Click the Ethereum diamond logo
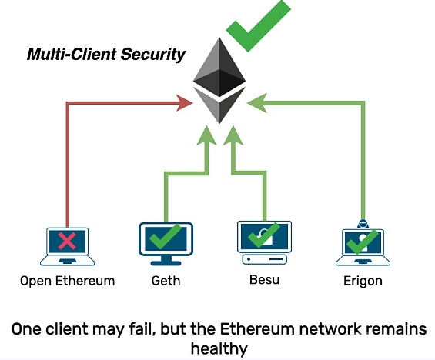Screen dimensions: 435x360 (x=219, y=80)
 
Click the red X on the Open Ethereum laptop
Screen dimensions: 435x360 (x=67, y=241)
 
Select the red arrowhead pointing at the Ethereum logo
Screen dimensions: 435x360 (x=185, y=103)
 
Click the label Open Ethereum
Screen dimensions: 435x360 (x=68, y=281)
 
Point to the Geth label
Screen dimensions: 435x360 (x=166, y=281)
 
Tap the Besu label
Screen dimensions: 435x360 (x=264, y=279)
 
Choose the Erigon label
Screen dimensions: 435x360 (x=363, y=282)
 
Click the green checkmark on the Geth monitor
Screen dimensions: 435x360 (x=165, y=236)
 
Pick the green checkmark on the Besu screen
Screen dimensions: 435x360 (x=263, y=235)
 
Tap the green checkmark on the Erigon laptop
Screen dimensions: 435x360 (x=362, y=242)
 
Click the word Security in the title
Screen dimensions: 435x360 (x=153, y=54)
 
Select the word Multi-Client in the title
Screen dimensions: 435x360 (x=72, y=54)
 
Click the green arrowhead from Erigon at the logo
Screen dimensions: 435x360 (x=257, y=103)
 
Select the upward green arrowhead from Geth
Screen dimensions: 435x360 (x=206, y=135)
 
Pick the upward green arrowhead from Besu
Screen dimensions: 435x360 (x=233, y=135)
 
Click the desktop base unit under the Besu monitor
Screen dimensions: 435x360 (x=264, y=259)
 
